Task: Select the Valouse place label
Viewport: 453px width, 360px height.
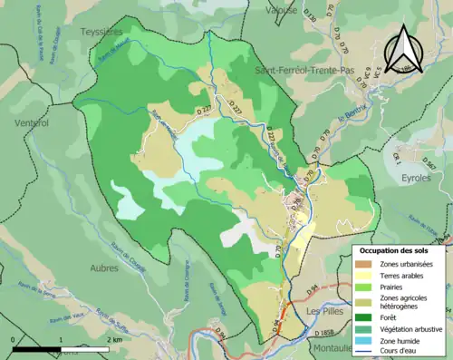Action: (x=282, y=10)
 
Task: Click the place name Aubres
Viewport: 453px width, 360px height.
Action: (x=105, y=268)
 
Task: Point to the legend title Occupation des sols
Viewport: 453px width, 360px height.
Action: (x=399, y=250)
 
